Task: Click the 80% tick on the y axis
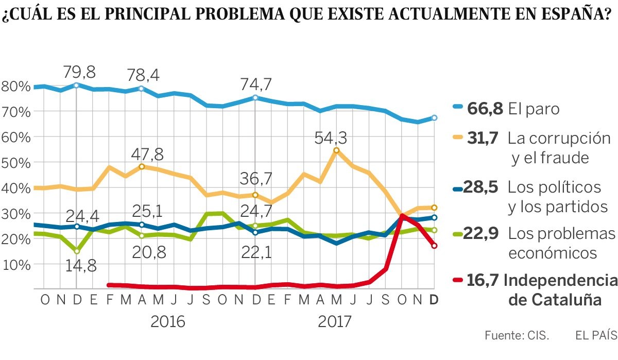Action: (x=16, y=86)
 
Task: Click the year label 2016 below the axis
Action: (x=168, y=322)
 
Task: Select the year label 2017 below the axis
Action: (x=335, y=322)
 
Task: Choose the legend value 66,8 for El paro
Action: (x=483, y=109)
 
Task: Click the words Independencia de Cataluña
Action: (x=559, y=289)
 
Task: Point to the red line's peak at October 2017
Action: (x=402, y=217)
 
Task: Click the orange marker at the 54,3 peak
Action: (x=336, y=150)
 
